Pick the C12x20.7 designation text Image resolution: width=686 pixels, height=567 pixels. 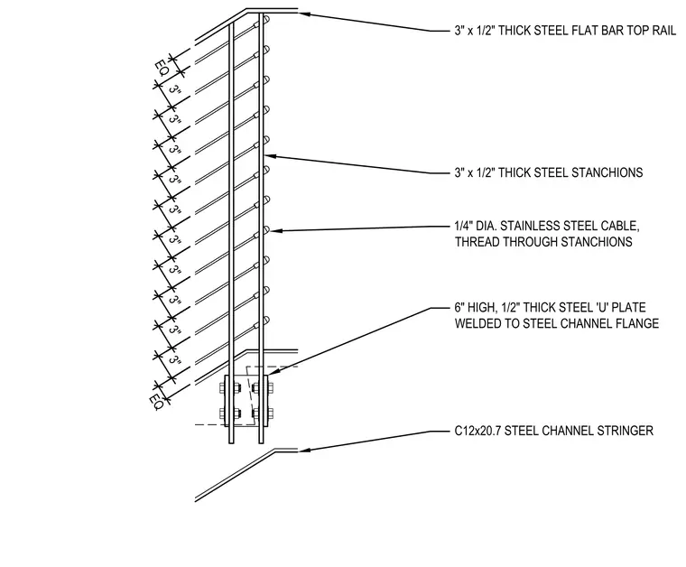pos(477,431)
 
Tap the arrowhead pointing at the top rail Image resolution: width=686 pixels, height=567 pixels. pos(304,14)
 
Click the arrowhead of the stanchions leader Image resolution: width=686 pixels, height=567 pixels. pos(270,156)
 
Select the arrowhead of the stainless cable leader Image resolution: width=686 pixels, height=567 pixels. pos(275,230)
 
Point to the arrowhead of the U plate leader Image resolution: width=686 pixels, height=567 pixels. pos(272,372)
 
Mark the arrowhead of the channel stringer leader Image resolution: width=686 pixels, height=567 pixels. pos(304,450)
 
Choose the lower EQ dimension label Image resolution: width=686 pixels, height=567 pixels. pos(156,402)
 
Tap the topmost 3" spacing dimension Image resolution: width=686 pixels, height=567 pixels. pos(175,90)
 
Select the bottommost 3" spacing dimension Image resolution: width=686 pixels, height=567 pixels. pos(175,360)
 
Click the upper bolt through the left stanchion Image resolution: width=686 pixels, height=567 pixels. pos(230,387)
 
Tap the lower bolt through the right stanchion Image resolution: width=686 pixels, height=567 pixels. pos(263,413)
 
